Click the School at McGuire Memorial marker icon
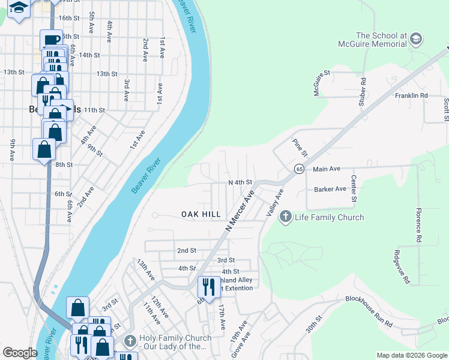click(415, 40)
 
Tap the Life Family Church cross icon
click(286, 217)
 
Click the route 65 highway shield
click(298, 170)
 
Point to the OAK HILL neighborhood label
click(201, 214)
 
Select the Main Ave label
click(327, 170)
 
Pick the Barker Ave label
click(330, 189)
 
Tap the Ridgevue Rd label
click(402, 266)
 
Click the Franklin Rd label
click(411, 95)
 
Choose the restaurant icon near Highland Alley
click(209, 286)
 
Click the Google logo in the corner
click(20, 353)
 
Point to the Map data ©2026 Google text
click(411, 355)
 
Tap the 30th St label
click(314, 325)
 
